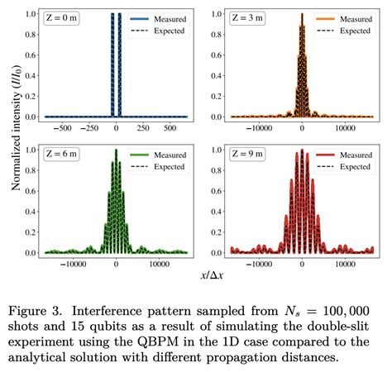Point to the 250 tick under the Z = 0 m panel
click(x=142, y=129)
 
